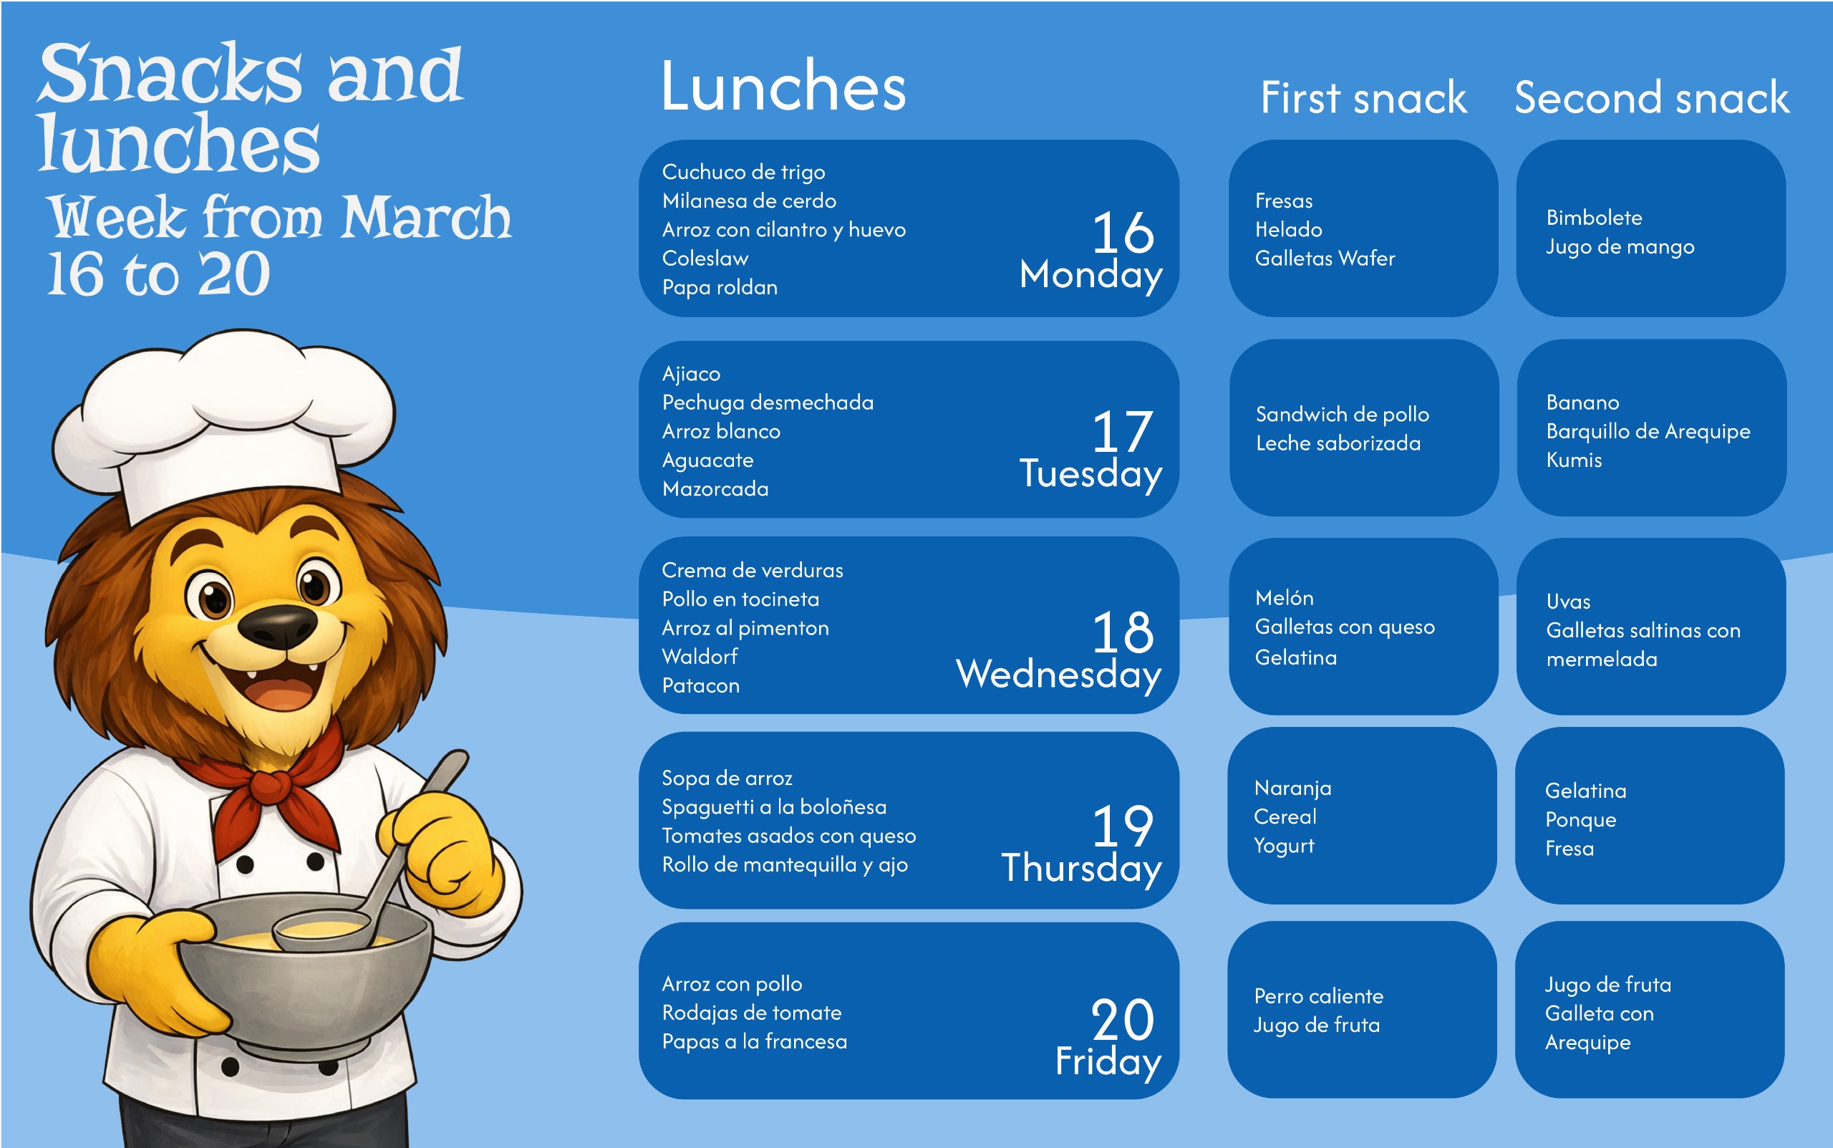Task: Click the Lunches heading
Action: (783, 87)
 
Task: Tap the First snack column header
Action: (1363, 98)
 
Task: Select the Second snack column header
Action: (1652, 98)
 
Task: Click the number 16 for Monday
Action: (1123, 232)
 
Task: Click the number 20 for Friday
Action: (1123, 1020)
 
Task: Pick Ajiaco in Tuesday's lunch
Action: (691, 375)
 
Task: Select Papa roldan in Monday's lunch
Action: (720, 288)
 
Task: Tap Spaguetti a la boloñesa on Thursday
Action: (774, 807)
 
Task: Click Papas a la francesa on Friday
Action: (755, 1042)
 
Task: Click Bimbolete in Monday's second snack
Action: (1594, 218)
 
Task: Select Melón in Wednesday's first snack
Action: (1284, 598)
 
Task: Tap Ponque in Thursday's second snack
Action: (1580, 821)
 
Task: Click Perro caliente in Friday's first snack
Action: (1318, 996)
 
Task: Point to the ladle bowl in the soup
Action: (323, 930)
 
